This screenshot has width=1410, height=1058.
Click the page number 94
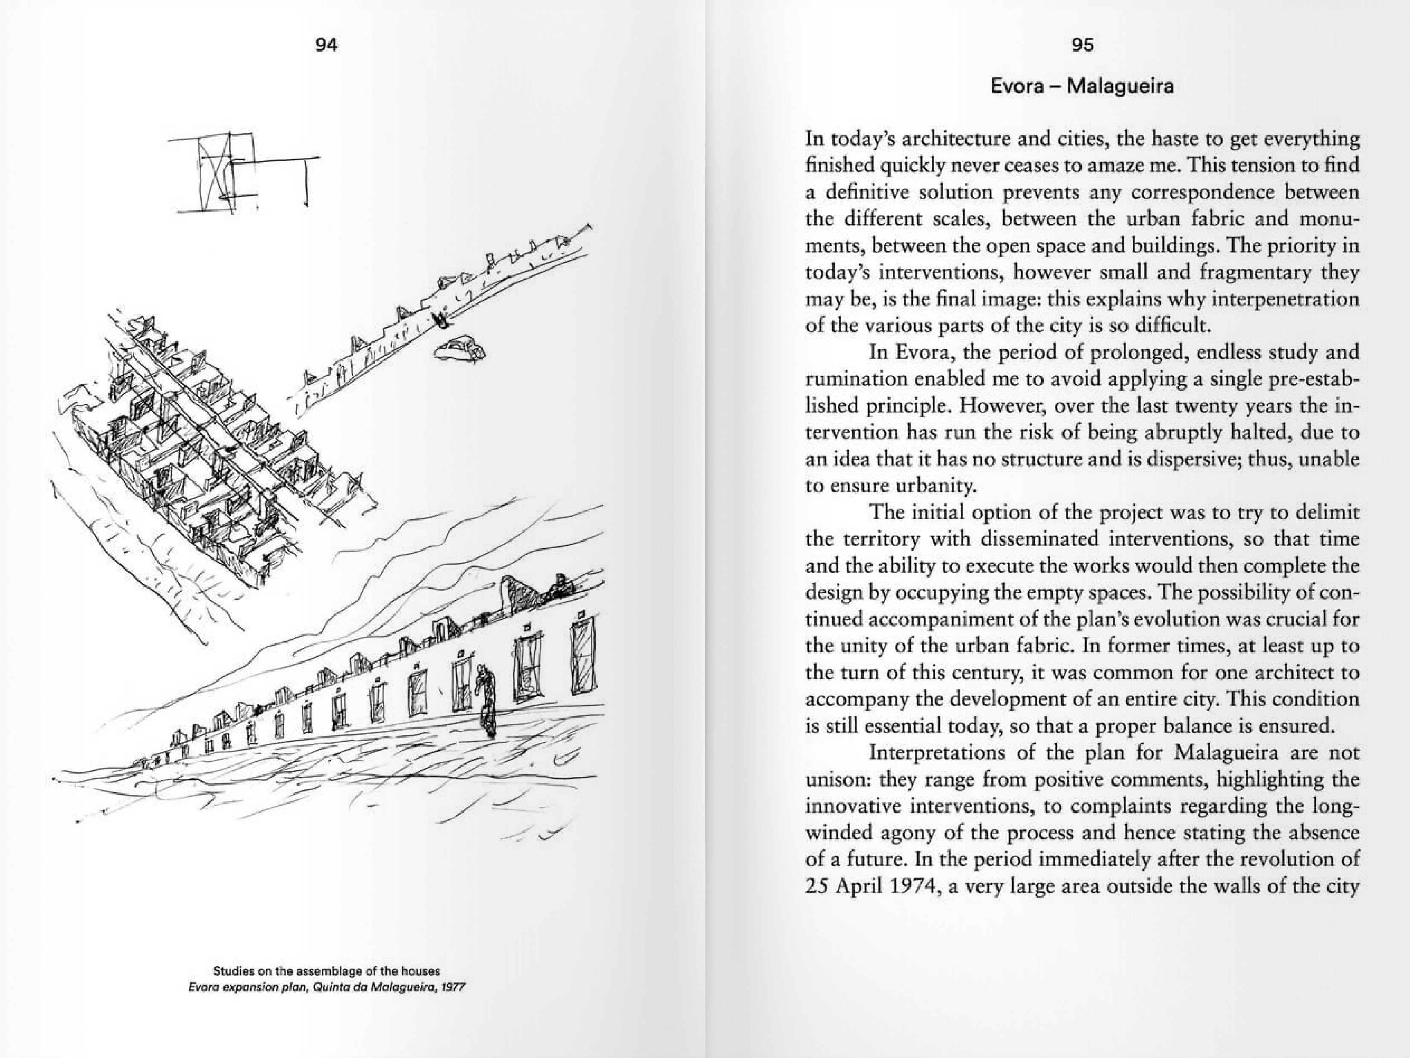(326, 45)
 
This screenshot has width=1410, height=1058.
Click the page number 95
(1083, 45)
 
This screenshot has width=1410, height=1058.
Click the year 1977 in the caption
(453, 987)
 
